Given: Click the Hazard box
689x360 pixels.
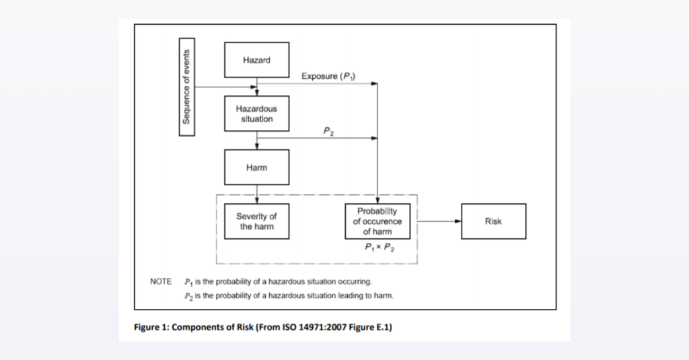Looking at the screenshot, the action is click(x=256, y=60).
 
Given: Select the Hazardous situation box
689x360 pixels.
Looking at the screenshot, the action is click(x=256, y=114).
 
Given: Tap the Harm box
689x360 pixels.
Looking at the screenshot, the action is click(x=256, y=167).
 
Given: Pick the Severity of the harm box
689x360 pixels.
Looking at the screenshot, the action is click(x=256, y=221).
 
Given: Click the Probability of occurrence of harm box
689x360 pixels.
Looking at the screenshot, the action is click(x=377, y=221).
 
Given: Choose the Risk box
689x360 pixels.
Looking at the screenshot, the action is click(x=493, y=221).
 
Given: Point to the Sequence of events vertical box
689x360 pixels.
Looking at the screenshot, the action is click(x=187, y=87).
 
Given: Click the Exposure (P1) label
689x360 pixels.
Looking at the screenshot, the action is click(x=328, y=76).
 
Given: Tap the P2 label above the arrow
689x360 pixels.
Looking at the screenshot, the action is click(x=328, y=131).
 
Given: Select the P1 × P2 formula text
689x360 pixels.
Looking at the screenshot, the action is click(x=379, y=247).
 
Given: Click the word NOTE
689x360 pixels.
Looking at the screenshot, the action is click(x=161, y=281).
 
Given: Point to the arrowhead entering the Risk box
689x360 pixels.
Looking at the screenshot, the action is click(x=458, y=221).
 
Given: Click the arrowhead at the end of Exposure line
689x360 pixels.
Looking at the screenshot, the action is click(x=374, y=83).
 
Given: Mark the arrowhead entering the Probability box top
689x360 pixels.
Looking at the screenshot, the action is click(x=377, y=200).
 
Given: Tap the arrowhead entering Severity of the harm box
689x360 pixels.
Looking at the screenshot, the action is click(x=256, y=200).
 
